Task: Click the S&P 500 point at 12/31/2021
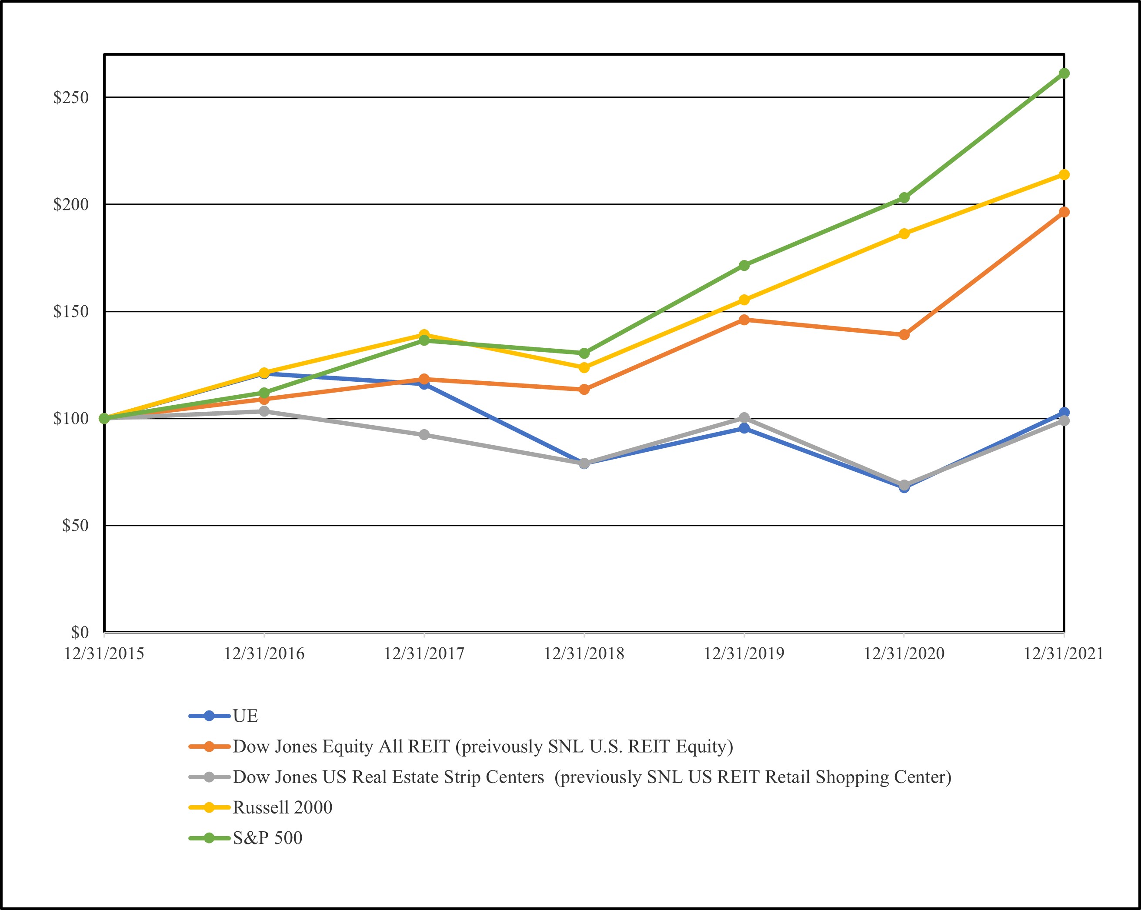[x=1064, y=73]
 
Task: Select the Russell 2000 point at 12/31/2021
[x=1064, y=175]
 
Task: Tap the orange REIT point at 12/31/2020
[x=904, y=334]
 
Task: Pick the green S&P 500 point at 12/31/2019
[x=744, y=265]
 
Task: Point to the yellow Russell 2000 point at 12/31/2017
[x=424, y=334]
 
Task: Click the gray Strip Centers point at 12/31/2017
[x=424, y=435]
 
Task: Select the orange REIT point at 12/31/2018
[x=584, y=390]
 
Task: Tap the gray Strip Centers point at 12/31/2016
[x=264, y=411]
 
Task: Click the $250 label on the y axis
[x=71, y=97]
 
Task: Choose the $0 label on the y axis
[x=80, y=632]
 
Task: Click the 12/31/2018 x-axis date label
[x=584, y=654]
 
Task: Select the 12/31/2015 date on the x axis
[x=104, y=654]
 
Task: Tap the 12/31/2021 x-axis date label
[x=1064, y=654]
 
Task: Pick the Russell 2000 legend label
[x=283, y=807]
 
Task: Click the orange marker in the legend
[x=210, y=747]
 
